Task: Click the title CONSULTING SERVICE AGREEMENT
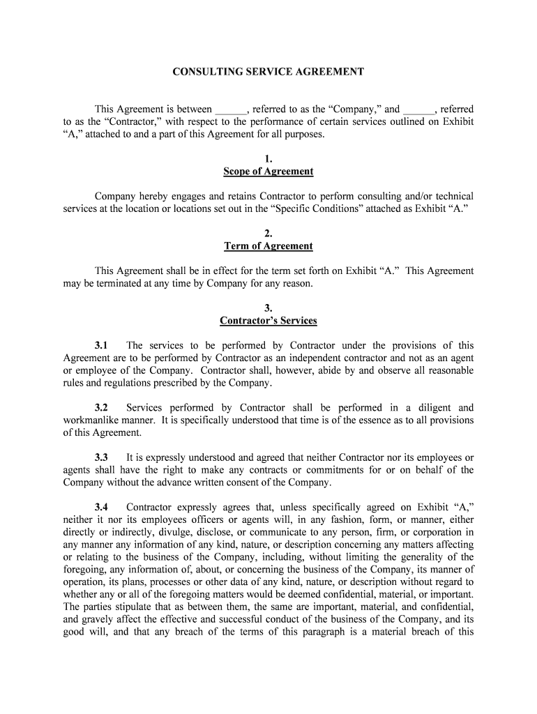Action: [x=268, y=71]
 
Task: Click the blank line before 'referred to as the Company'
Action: [x=232, y=109]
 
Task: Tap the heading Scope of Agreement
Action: [x=268, y=172]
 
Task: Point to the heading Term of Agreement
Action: [x=268, y=246]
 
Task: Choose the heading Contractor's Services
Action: [x=268, y=321]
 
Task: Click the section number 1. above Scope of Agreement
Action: [x=268, y=159]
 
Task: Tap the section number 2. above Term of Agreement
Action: [x=268, y=234]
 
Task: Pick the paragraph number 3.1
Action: [x=102, y=346]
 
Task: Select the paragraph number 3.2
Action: [x=102, y=408]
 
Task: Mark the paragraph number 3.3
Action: [x=102, y=457]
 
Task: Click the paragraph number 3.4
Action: [x=102, y=508]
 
